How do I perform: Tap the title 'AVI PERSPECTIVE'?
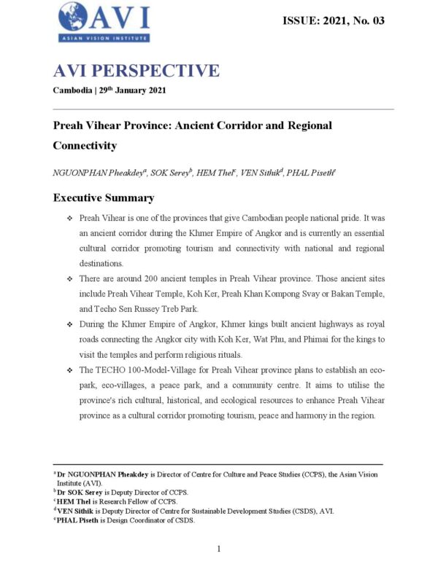[x=136, y=71]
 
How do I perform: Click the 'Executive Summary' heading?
[x=103, y=197]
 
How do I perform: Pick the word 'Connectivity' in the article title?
[x=85, y=145]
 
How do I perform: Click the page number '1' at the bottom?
[x=218, y=548]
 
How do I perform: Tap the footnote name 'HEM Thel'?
[x=75, y=501]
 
